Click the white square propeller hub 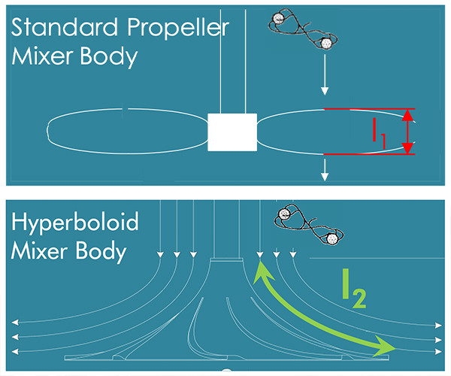click(x=232, y=132)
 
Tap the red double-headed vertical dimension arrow click(x=407, y=132)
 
